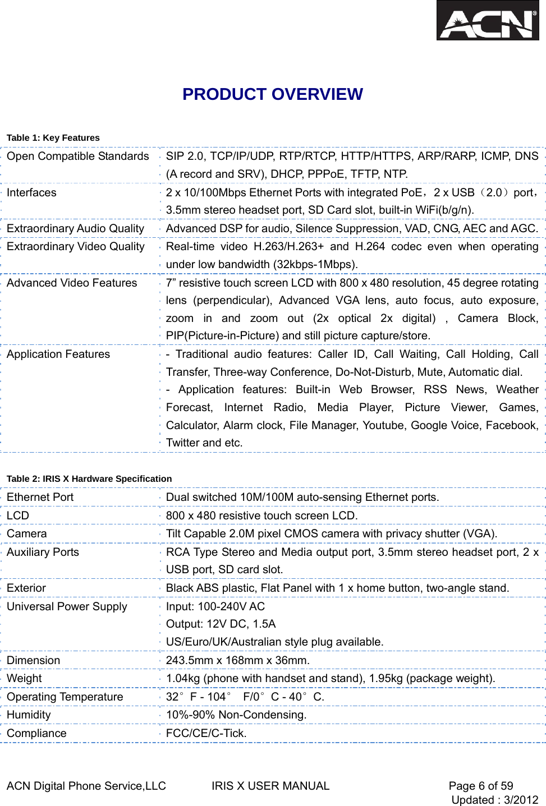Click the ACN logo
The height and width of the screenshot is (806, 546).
[487, 21]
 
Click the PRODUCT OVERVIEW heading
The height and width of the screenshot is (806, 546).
[273, 94]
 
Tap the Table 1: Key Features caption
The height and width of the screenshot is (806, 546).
[53, 138]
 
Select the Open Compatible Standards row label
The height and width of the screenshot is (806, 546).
[78, 156]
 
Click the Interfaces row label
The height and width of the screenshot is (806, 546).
[32, 193]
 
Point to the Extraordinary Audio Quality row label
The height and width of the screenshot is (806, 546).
[76, 229]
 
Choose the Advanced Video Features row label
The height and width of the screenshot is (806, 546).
[72, 283]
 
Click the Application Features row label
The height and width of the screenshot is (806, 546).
[58, 354]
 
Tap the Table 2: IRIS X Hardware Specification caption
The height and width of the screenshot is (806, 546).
[89, 479]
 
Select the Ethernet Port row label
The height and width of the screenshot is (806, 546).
[40, 498]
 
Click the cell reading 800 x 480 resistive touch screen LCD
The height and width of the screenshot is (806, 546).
[261, 516]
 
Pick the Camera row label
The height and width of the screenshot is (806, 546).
[27, 534]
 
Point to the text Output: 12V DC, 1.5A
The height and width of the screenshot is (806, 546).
[221, 624]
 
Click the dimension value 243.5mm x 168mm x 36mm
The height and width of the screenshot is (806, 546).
[238, 661]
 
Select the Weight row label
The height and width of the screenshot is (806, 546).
[24, 679]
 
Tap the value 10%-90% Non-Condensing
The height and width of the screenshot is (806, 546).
[236, 715]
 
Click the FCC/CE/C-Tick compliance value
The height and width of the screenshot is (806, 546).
[207, 734]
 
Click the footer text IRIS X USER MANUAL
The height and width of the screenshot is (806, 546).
[270, 786]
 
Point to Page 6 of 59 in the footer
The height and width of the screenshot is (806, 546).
[481, 786]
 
